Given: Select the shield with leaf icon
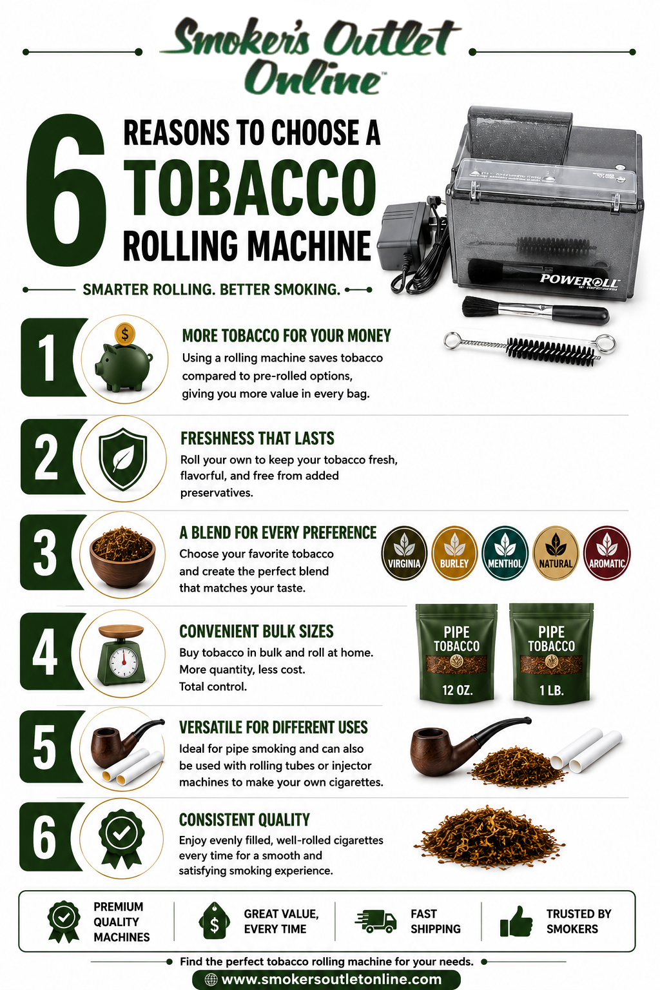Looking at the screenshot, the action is tap(122, 459).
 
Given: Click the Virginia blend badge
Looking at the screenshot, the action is tap(404, 552).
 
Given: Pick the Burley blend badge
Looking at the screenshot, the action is tap(454, 552).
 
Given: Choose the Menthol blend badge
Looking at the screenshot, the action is tap(505, 552).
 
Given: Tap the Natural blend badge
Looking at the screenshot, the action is tap(556, 552).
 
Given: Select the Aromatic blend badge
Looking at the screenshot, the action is tap(607, 552).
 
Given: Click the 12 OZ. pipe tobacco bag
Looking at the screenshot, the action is tap(457, 653).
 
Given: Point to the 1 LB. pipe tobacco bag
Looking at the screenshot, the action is tap(551, 653).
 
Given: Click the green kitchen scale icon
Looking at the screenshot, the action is tap(122, 654).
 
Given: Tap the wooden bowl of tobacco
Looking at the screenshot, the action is tap(122, 556).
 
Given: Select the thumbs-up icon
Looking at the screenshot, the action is tap(516, 922).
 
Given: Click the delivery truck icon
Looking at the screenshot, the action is tap(376, 922).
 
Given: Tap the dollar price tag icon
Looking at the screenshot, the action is tap(214, 920).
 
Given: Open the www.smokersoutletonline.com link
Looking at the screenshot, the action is tap(326, 980).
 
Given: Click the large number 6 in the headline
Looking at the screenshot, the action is tap(66, 190).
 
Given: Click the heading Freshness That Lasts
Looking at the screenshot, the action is tap(257, 438).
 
